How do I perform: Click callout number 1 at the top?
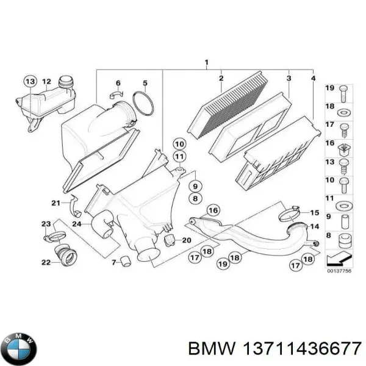pyautogui.click(x=206, y=63)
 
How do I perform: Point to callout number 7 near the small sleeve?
pyautogui.click(x=114, y=262)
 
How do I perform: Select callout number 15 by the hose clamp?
pyautogui.click(x=315, y=213)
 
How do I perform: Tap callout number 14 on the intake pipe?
pyautogui.click(x=315, y=226)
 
